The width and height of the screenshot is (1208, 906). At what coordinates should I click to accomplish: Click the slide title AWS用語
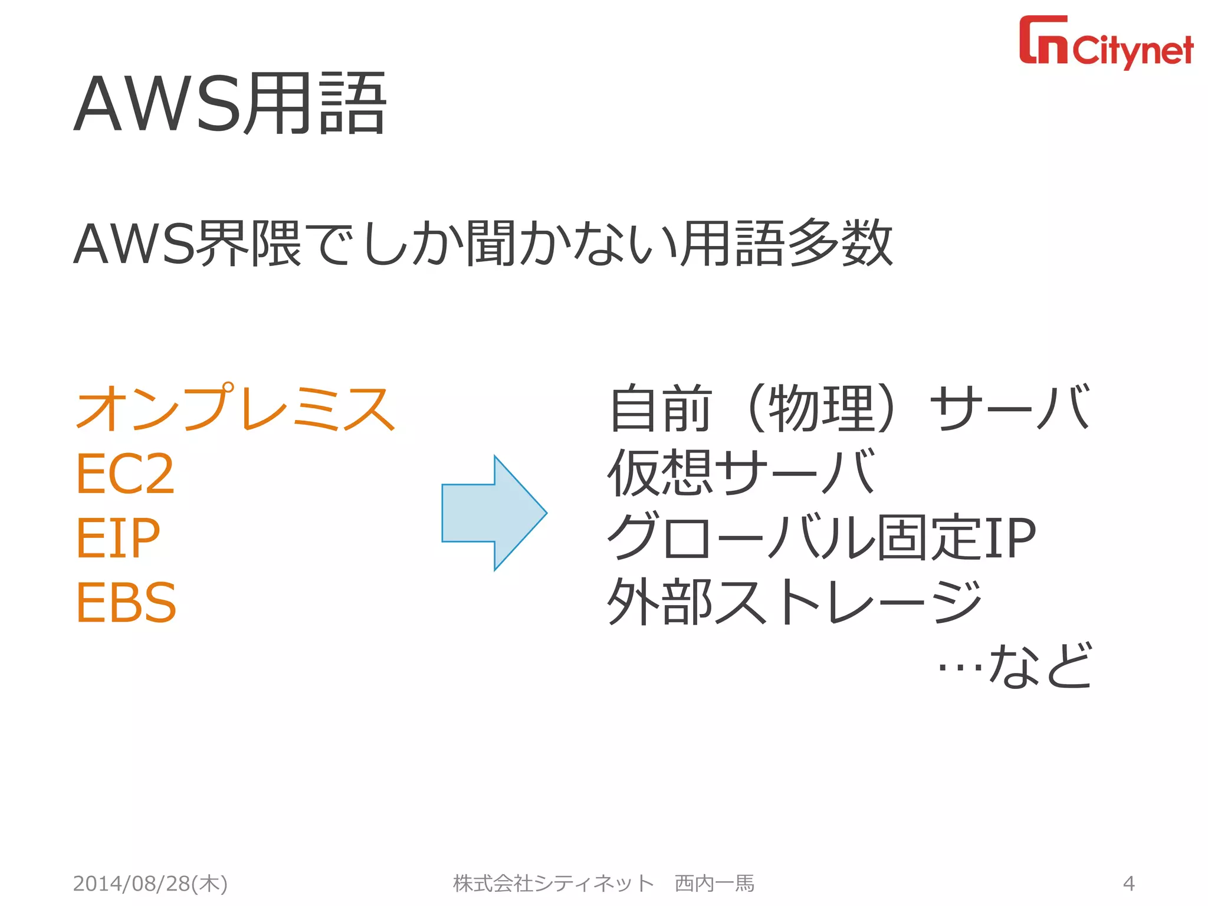tap(230, 104)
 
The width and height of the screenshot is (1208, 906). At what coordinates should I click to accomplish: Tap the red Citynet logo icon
tap(1043, 40)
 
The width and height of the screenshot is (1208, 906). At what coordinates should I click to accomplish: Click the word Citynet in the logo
tap(1132, 51)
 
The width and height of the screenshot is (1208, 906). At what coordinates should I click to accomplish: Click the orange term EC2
tap(125, 473)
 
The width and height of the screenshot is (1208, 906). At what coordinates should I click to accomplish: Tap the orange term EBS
tap(126, 602)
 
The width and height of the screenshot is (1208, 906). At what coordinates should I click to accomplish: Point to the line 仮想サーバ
tap(741, 472)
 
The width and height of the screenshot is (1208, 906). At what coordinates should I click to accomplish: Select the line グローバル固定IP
tap(821, 537)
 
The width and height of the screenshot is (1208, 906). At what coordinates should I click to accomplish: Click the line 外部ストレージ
tap(794, 602)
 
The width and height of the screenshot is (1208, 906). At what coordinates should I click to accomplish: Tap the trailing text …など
tap(1015, 667)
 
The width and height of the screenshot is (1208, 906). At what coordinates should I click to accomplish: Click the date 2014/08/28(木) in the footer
tap(150, 884)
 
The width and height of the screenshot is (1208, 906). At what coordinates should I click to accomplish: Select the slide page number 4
tap(1128, 884)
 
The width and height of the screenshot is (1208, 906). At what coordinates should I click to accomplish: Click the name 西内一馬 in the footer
tap(714, 884)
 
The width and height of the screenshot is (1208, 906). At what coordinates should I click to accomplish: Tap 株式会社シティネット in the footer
tap(553, 884)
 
